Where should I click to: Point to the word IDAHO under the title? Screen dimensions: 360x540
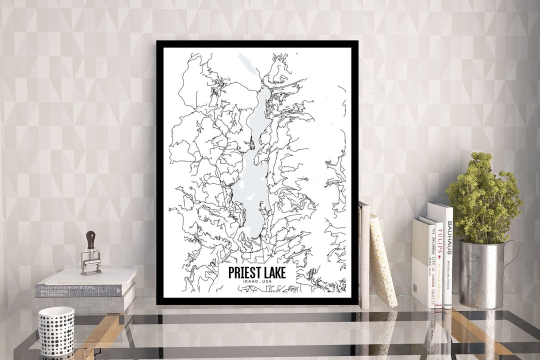pyautogui.click(x=249, y=283)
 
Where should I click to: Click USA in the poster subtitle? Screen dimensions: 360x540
pyautogui.click(x=268, y=283)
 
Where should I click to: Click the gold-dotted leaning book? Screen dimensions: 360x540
pyautogui.click(x=382, y=262)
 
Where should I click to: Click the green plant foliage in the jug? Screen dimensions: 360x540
pyautogui.click(x=482, y=200)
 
